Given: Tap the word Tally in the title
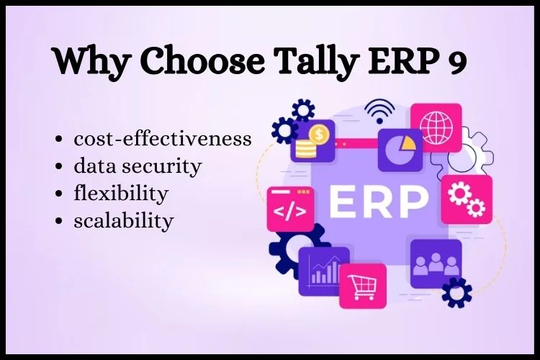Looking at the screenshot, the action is pyautogui.click(x=316, y=61).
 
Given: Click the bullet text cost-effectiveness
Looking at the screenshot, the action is pyautogui.click(x=163, y=139).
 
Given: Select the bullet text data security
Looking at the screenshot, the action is pyautogui.click(x=138, y=166).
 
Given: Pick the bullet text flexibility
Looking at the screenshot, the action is pyautogui.click(x=121, y=194).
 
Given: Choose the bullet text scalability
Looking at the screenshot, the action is pyautogui.click(x=124, y=220).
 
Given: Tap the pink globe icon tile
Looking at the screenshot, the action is pyautogui.click(x=436, y=127).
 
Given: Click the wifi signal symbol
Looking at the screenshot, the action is pyautogui.click(x=379, y=111).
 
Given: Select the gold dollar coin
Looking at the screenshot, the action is pyautogui.click(x=319, y=134).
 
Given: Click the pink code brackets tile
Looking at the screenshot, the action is pyautogui.click(x=291, y=209).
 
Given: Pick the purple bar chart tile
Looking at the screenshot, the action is pyautogui.click(x=323, y=271).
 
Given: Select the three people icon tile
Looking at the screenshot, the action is pyautogui.click(x=436, y=264).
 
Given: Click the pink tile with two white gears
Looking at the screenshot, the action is pyautogui.click(x=467, y=199).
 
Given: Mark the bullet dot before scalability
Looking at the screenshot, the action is pyautogui.click(x=59, y=221).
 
